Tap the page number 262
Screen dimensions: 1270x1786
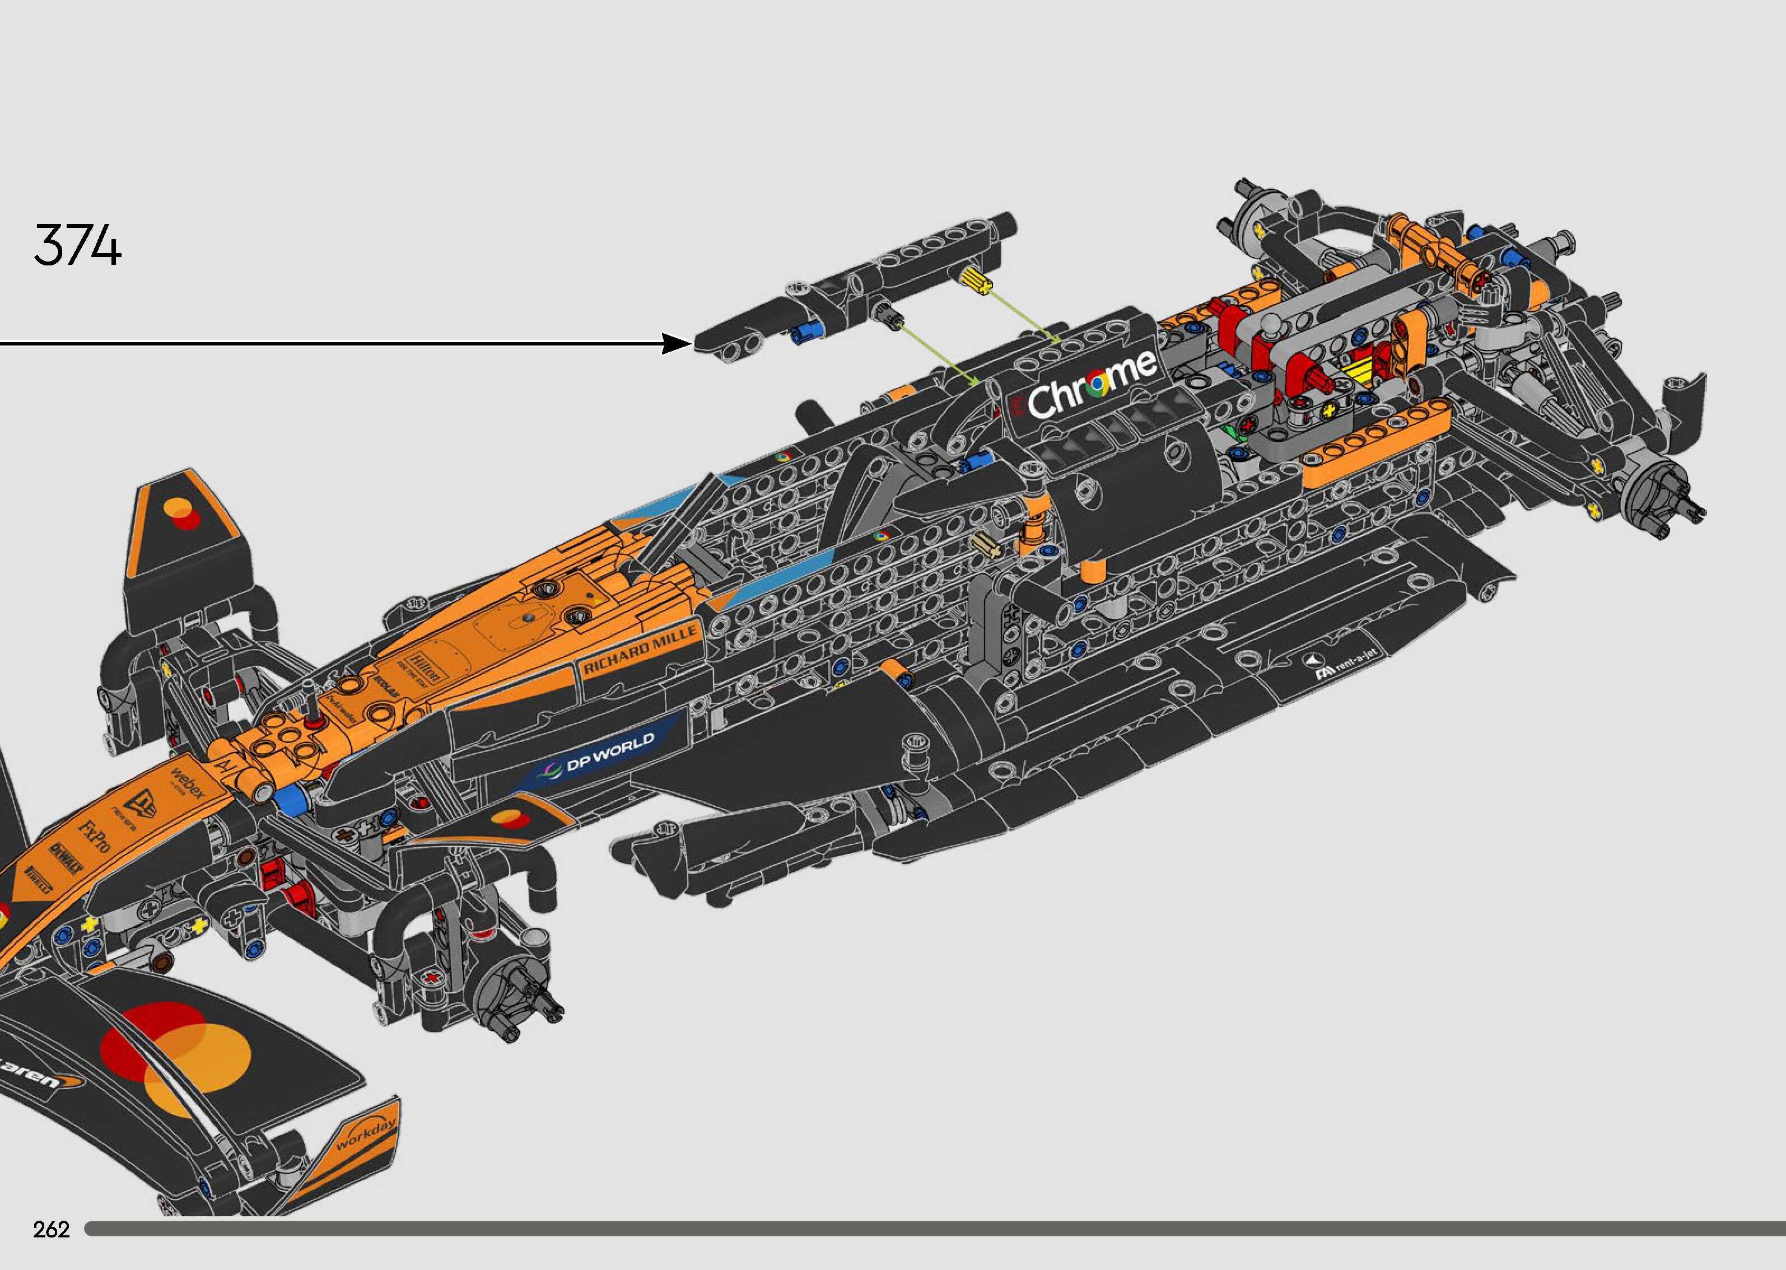(52, 1229)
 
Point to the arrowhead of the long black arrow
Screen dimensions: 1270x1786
(677, 343)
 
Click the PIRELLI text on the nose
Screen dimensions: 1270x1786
(39, 880)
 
